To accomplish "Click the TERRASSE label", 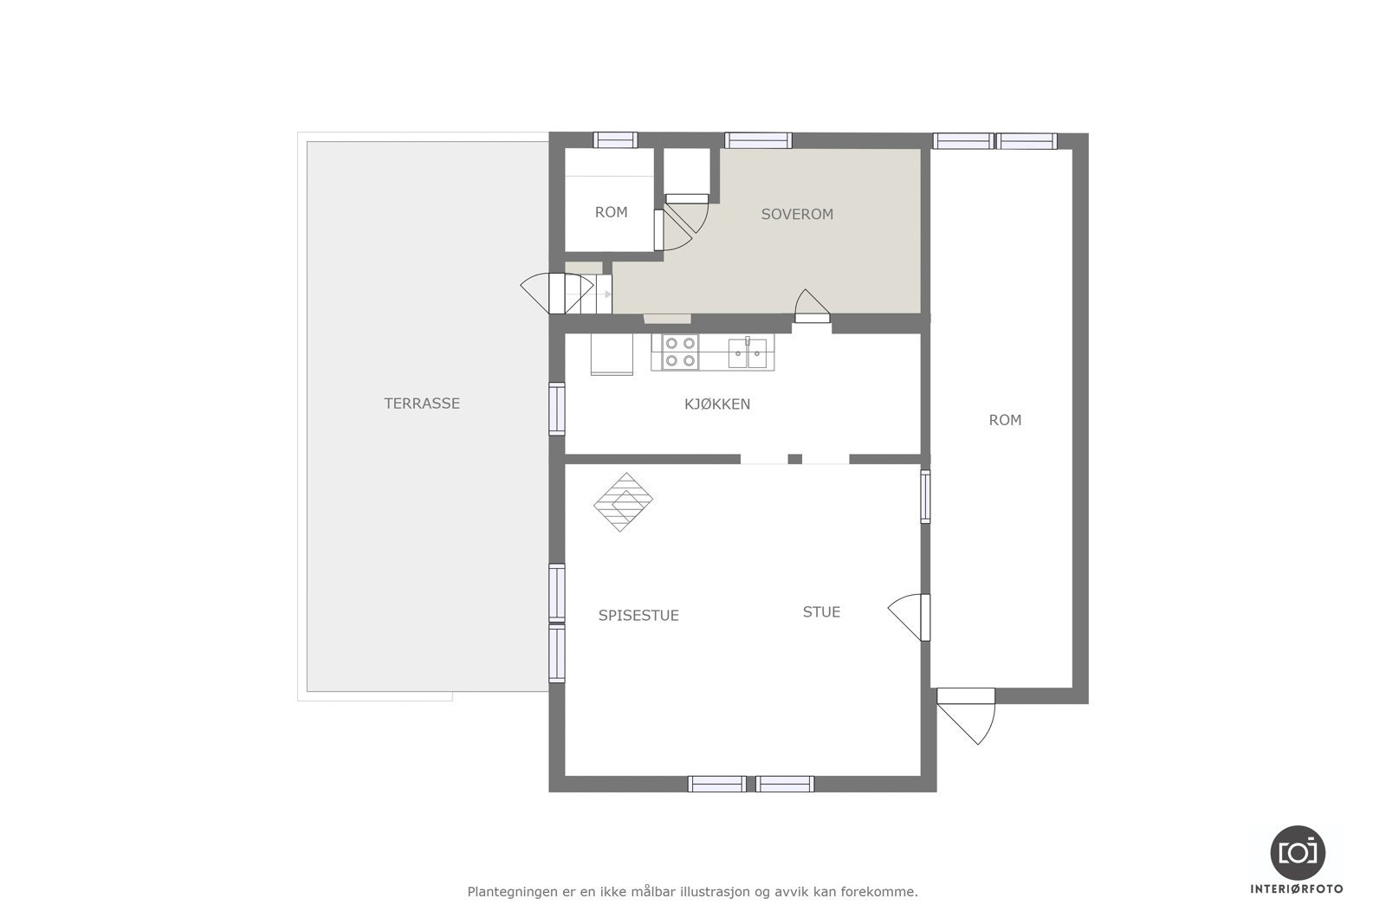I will [x=422, y=404].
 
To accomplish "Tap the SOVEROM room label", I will [x=797, y=214].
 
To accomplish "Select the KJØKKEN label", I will [x=717, y=404].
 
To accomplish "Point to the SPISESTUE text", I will [x=638, y=616].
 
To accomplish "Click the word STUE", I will [x=821, y=612].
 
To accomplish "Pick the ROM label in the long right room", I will [x=1005, y=420].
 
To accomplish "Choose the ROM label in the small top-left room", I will [x=611, y=212].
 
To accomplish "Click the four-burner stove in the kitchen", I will [x=679, y=352].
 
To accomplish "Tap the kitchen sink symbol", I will [x=747, y=352].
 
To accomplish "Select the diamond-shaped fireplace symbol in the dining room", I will [x=623, y=501].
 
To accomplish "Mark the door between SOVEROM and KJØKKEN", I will [x=812, y=307].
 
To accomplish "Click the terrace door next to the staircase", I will [x=535, y=294].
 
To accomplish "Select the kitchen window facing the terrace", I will [x=556, y=408].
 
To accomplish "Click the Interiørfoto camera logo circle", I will [x=1298, y=852].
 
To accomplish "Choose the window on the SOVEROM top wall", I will [x=758, y=140].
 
